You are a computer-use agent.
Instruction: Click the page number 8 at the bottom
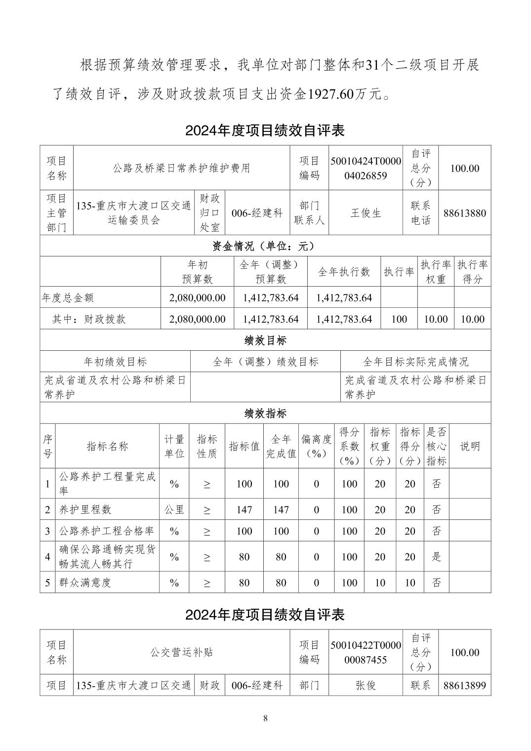(x=265, y=718)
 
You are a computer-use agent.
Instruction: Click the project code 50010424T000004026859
(x=366, y=168)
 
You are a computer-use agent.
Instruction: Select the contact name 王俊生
(x=366, y=213)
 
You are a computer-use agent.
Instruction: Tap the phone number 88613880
(x=464, y=213)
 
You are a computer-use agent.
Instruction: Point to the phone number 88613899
(x=464, y=685)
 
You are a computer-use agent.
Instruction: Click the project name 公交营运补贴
(x=181, y=652)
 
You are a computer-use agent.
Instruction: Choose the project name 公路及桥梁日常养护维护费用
(x=181, y=168)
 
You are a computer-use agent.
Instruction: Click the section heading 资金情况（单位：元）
(x=265, y=246)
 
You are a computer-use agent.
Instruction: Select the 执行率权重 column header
(x=436, y=271)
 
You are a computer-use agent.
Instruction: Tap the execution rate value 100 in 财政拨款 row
(x=399, y=319)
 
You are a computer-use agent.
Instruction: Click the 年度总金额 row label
(x=68, y=298)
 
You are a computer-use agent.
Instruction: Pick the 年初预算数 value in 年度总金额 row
(x=197, y=298)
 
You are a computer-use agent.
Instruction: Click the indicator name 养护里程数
(x=85, y=509)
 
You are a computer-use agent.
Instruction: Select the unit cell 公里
(x=174, y=509)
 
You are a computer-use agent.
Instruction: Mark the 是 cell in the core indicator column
(x=436, y=557)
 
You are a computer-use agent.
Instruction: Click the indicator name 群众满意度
(x=85, y=583)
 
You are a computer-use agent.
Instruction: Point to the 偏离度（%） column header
(x=316, y=446)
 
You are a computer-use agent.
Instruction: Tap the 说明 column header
(x=470, y=446)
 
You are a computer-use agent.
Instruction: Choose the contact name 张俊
(x=366, y=685)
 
